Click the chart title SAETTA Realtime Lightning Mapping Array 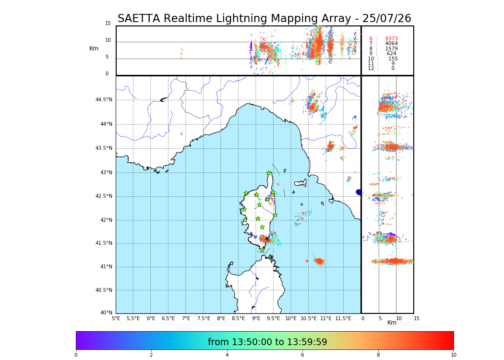pyautogui.click(x=264, y=19)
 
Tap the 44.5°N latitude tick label pyautogui.click(x=104, y=100)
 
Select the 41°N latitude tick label pyautogui.click(x=106, y=267)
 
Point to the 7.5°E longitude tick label pyautogui.click(x=204, y=318)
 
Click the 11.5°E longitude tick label pyautogui.click(x=344, y=318)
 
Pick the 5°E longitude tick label pyautogui.click(x=116, y=318)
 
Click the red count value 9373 pyautogui.click(x=391, y=39)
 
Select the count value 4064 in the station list pyautogui.click(x=391, y=44)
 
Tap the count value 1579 pyautogui.click(x=391, y=49)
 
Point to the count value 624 pyautogui.click(x=391, y=54)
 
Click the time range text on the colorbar pyautogui.click(x=267, y=342)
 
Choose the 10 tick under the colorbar pyautogui.click(x=453, y=355)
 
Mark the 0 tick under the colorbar pyautogui.click(x=76, y=355)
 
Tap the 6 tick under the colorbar pyautogui.click(x=302, y=355)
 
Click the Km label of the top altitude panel pyautogui.click(x=94, y=48)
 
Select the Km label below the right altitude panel pyautogui.click(x=392, y=323)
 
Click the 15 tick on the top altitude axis pyautogui.click(x=108, y=24)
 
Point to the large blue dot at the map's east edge pyautogui.click(x=359, y=192)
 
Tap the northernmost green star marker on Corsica pyautogui.click(x=269, y=173)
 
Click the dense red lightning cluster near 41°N pyautogui.click(x=319, y=261)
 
